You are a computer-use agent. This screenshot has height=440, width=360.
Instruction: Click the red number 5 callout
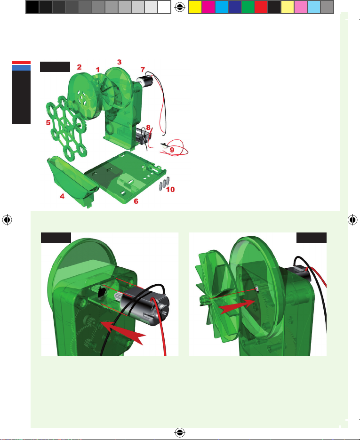[48, 123]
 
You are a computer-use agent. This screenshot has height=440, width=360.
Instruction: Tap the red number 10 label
[170, 190]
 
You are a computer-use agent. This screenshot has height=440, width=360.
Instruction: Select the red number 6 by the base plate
[136, 201]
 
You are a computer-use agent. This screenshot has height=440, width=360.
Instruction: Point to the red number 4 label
[62, 196]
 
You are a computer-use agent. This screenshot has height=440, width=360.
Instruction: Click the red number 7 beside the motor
[143, 70]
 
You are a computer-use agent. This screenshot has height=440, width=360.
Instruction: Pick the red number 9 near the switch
[172, 150]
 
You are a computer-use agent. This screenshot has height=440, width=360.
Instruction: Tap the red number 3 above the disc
[119, 62]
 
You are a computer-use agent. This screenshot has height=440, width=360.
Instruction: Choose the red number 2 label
[79, 67]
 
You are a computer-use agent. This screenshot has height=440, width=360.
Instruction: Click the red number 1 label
[97, 69]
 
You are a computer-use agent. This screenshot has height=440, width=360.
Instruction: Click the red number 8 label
[148, 128]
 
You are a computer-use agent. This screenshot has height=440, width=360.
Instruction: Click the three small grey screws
[164, 183]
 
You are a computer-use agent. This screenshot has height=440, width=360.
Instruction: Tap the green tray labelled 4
[72, 181]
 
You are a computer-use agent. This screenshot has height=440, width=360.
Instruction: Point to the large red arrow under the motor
[123, 333]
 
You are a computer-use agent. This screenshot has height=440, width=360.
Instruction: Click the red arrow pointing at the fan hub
[237, 306]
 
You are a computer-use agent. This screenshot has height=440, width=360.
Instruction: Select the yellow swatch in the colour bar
[195, 7]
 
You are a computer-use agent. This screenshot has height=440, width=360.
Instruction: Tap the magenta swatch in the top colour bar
[208, 7]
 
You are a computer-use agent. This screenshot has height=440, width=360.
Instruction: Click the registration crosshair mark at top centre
[180, 8]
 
